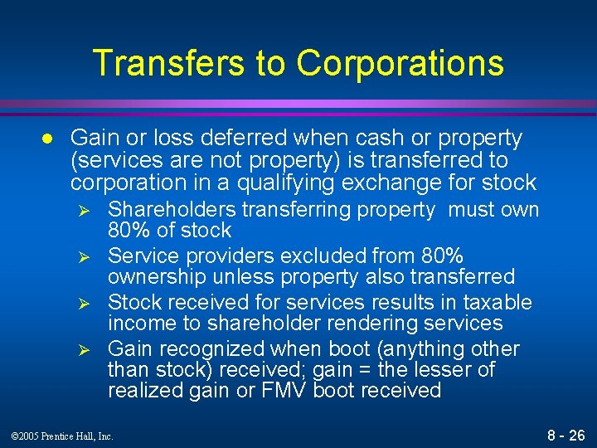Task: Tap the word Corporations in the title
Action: point(400,63)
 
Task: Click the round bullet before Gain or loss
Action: point(49,137)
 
